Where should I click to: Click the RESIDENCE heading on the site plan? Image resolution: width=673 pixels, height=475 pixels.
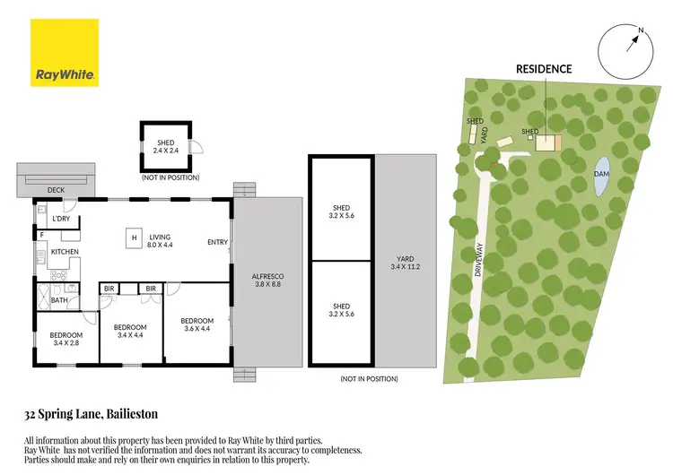tap(543, 68)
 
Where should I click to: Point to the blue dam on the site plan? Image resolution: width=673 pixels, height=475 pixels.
tap(601, 178)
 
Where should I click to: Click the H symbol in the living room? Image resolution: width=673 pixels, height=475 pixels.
tap(134, 237)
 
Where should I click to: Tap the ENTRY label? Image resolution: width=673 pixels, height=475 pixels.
tap(217, 242)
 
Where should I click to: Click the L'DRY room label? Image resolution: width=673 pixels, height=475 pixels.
tap(61, 220)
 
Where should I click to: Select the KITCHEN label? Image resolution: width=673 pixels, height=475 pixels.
tap(65, 252)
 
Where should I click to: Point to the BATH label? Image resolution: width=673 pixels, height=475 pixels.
tap(58, 300)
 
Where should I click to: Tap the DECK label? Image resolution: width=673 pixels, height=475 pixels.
tap(57, 190)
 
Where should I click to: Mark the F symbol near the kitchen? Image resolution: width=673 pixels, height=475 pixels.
tap(42, 235)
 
